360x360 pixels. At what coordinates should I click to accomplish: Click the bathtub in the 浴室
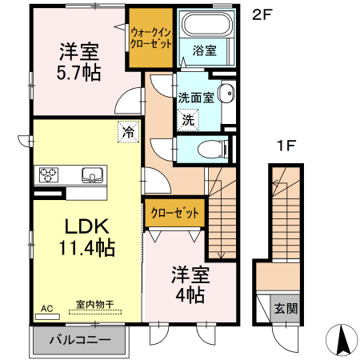coord(207,24)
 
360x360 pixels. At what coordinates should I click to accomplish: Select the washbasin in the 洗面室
coord(226,93)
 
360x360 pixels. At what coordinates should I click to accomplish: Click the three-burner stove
coord(49,175)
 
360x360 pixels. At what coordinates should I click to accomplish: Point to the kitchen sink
coord(92,175)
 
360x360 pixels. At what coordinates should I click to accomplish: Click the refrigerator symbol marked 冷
coord(129,132)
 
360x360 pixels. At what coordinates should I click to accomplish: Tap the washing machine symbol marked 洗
coord(188,120)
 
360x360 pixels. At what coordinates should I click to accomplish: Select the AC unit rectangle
coord(47,317)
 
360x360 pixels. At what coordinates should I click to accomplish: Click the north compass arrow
coord(342,340)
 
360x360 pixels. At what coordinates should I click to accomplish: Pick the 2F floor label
coord(262,15)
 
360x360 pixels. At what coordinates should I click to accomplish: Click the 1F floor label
coord(286,146)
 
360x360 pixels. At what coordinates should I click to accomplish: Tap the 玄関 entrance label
coord(286,309)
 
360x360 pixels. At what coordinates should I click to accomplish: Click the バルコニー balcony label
coord(80,340)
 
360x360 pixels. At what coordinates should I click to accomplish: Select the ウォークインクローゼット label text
coord(150,38)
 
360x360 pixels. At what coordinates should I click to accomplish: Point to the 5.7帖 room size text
coord(79,73)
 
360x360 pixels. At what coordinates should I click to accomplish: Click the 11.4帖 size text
coord(87,248)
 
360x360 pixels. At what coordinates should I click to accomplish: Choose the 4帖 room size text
coord(190,295)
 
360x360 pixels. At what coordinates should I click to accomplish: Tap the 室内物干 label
coord(95,304)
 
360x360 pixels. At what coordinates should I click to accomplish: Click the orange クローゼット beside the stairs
coord(174,213)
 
